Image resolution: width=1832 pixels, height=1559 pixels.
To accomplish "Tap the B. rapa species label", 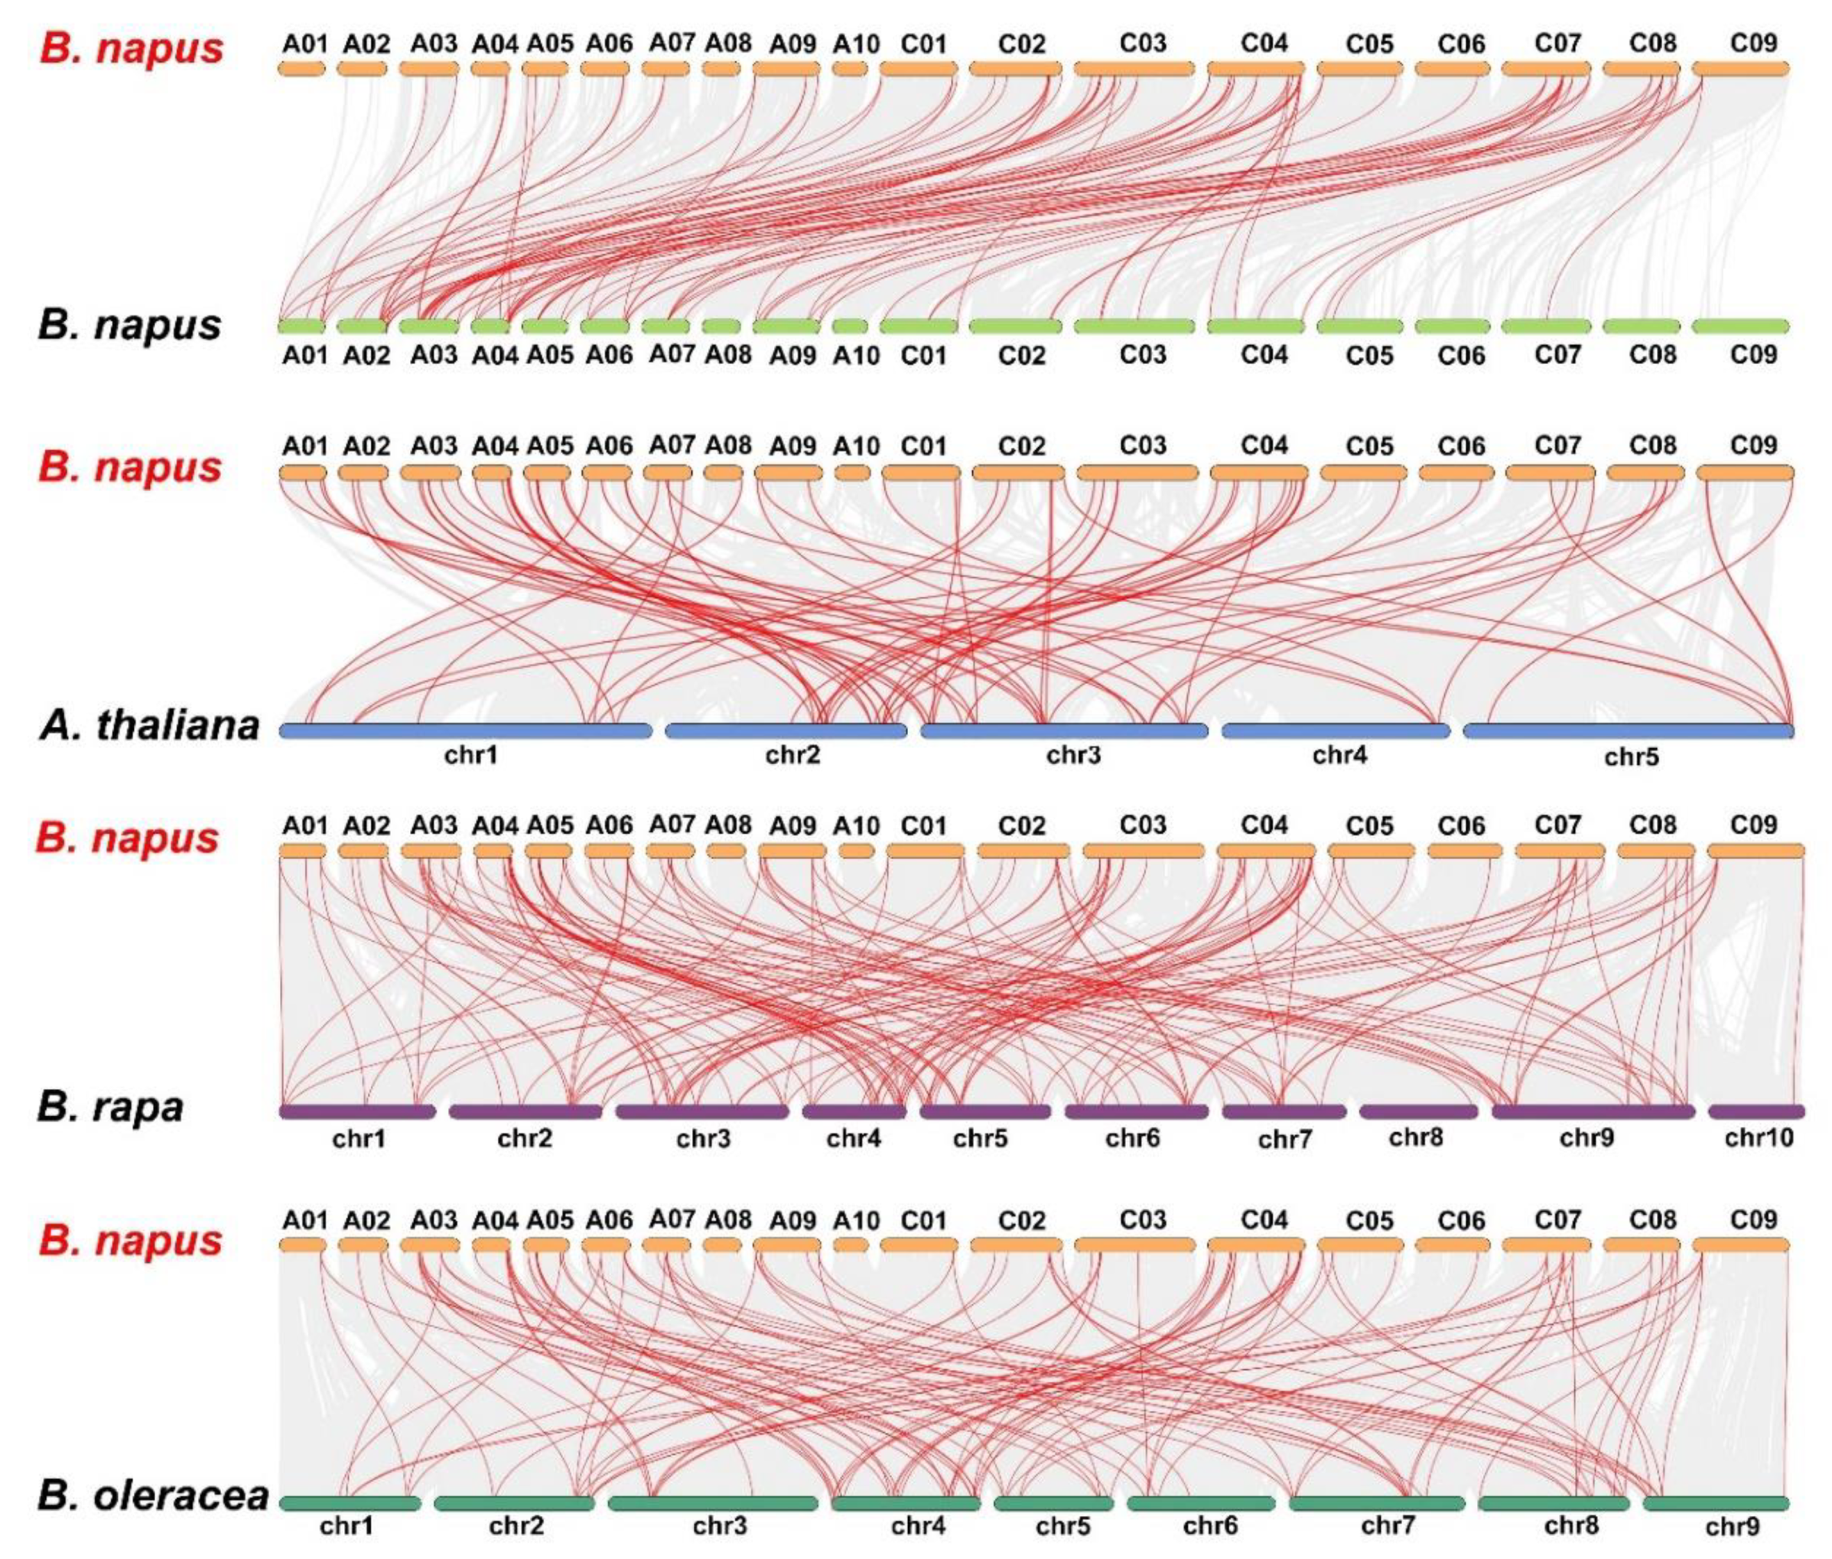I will [x=110, y=1106].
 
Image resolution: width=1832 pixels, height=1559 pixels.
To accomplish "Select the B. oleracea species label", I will [x=152, y=1496].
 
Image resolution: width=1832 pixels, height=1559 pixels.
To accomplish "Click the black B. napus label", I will [x=129, y=324].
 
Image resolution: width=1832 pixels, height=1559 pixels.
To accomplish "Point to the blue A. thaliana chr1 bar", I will [x=466, y=731].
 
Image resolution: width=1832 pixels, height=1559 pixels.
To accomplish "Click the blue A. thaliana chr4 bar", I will [x=1336, y=731].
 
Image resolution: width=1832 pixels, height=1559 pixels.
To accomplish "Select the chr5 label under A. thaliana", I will [x=1631, y=757].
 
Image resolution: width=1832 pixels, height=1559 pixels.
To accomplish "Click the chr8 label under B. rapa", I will [x=1415, y=1137].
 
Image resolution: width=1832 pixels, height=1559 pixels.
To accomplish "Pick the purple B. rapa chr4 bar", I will [x=854, y=1111].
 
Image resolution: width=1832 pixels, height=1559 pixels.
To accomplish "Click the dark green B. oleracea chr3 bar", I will [x=712, y=1502].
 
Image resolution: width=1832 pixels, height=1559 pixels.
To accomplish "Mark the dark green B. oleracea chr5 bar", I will [x=1053, y=1502].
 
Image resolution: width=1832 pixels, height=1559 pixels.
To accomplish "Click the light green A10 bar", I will [x=849, y=326].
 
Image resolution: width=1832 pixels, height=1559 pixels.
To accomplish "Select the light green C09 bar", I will [x=1740, y=326].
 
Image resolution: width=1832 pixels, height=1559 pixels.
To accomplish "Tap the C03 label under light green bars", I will [x=1143, y=354].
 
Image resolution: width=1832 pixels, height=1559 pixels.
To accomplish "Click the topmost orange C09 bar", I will [x=1740, y=68].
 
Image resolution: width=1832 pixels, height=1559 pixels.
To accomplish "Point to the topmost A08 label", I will [x=727, y=42].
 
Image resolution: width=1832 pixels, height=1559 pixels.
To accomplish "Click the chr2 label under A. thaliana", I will [x=792, y=756].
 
